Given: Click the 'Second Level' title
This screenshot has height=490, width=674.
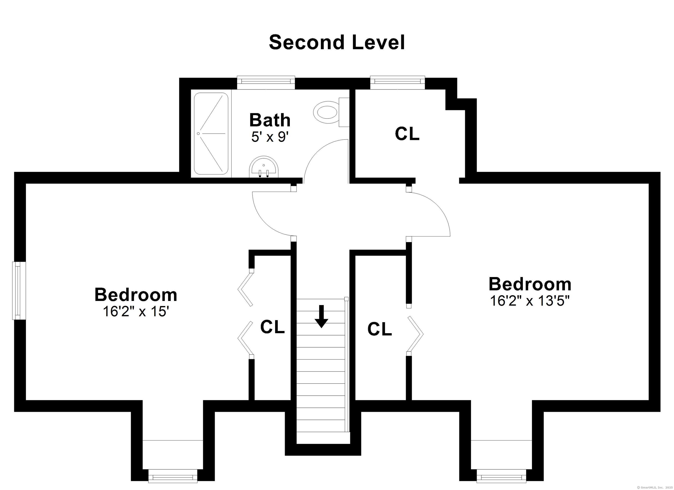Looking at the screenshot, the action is coord(337,43).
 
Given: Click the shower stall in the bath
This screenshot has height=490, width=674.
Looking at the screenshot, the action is coord(211,134).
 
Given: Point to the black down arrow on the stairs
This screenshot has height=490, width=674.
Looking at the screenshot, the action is coord(321,317).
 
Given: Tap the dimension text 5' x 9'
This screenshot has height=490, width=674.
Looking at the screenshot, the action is coord(270,137).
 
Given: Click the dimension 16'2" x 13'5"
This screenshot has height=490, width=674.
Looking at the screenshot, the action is coord(530,301).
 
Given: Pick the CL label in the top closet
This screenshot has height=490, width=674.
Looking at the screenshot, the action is coord(407,134).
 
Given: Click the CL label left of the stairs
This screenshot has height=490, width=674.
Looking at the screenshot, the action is coord(272,327).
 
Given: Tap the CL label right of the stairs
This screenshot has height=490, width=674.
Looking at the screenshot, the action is coord(380,329).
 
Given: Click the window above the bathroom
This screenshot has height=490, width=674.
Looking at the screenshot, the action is coord(266,83).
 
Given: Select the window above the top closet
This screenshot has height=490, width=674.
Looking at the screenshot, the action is coord(397,83).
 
